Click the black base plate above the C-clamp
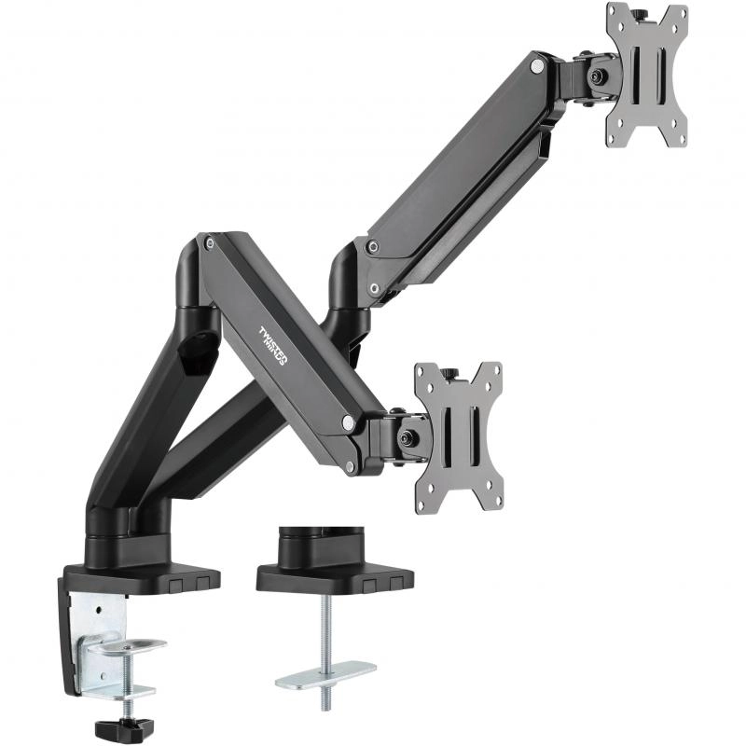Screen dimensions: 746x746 click(x=140, y=575)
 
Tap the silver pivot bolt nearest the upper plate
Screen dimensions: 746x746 click(x=538, y=66)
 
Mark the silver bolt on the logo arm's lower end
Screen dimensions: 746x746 click(x=349, y=423)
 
